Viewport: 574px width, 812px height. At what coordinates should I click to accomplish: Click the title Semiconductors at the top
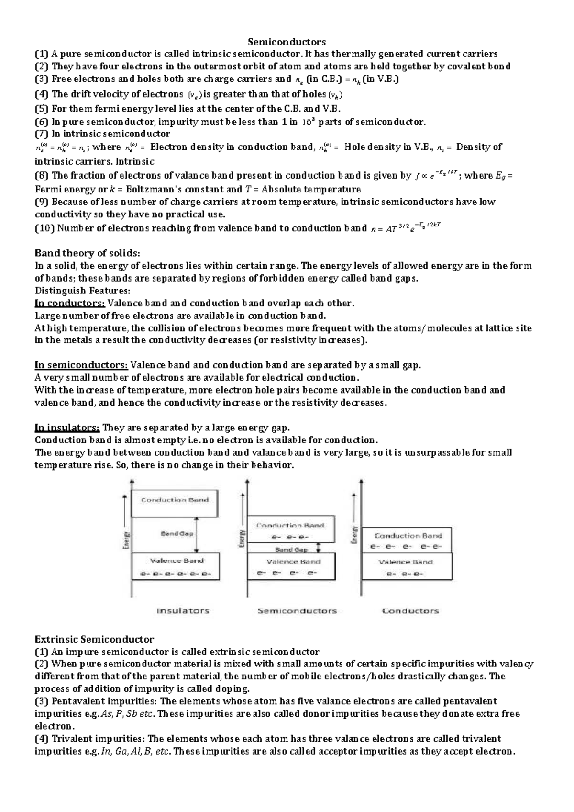[287, 42]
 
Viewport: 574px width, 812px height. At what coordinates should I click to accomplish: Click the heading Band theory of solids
[88, 253]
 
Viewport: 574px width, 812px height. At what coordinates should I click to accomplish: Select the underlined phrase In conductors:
[70, 303]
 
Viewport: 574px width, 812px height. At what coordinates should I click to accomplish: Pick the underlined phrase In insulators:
[67, 428]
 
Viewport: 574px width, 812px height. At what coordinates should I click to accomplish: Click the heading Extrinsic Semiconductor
[94, 639]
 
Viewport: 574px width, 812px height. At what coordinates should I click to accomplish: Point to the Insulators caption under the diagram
[183, 611]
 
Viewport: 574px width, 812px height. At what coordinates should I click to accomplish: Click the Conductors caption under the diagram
[410, 611]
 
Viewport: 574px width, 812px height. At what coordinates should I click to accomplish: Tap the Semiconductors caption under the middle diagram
[297, 611]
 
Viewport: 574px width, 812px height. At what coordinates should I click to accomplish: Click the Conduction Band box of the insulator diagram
[175, 503]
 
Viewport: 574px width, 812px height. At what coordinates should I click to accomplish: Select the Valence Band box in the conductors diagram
[406, 566]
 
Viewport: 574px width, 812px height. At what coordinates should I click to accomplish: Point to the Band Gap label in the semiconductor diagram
[291, 550]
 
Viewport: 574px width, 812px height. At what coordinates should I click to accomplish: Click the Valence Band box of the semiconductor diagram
[291, 567]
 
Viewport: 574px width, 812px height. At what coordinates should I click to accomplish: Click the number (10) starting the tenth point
[45, 228]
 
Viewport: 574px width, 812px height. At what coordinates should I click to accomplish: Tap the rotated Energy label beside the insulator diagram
[127, 541]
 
